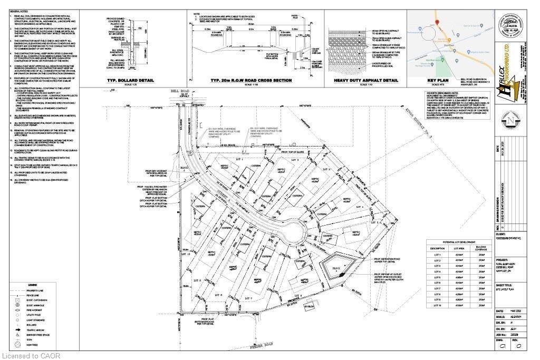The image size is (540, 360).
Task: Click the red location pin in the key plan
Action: tap(437, 22)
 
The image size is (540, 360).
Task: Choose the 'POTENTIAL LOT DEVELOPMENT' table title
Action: tap(457, 241)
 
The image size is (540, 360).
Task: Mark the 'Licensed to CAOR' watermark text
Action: tap(31, 356)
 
